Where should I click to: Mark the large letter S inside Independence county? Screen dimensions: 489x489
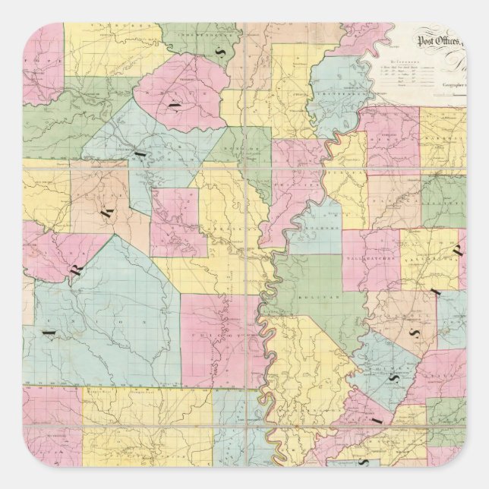(x=221, y=52)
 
